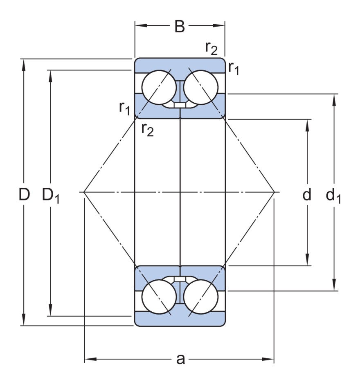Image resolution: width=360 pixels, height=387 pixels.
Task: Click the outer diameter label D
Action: (24, 195)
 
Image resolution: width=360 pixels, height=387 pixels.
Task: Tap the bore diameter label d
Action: (307, 195)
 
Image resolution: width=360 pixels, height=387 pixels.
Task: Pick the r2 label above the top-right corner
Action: (211, 48)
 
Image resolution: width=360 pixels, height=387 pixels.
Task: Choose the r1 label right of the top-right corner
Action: (234, 68)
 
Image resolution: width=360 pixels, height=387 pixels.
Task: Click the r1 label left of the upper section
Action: (124, 107)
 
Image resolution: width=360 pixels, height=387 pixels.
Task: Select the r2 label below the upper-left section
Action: (147, 129)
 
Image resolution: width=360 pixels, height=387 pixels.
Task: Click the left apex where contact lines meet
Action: (84, 191)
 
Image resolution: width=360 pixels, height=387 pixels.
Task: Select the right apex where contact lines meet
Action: (274, 191)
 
